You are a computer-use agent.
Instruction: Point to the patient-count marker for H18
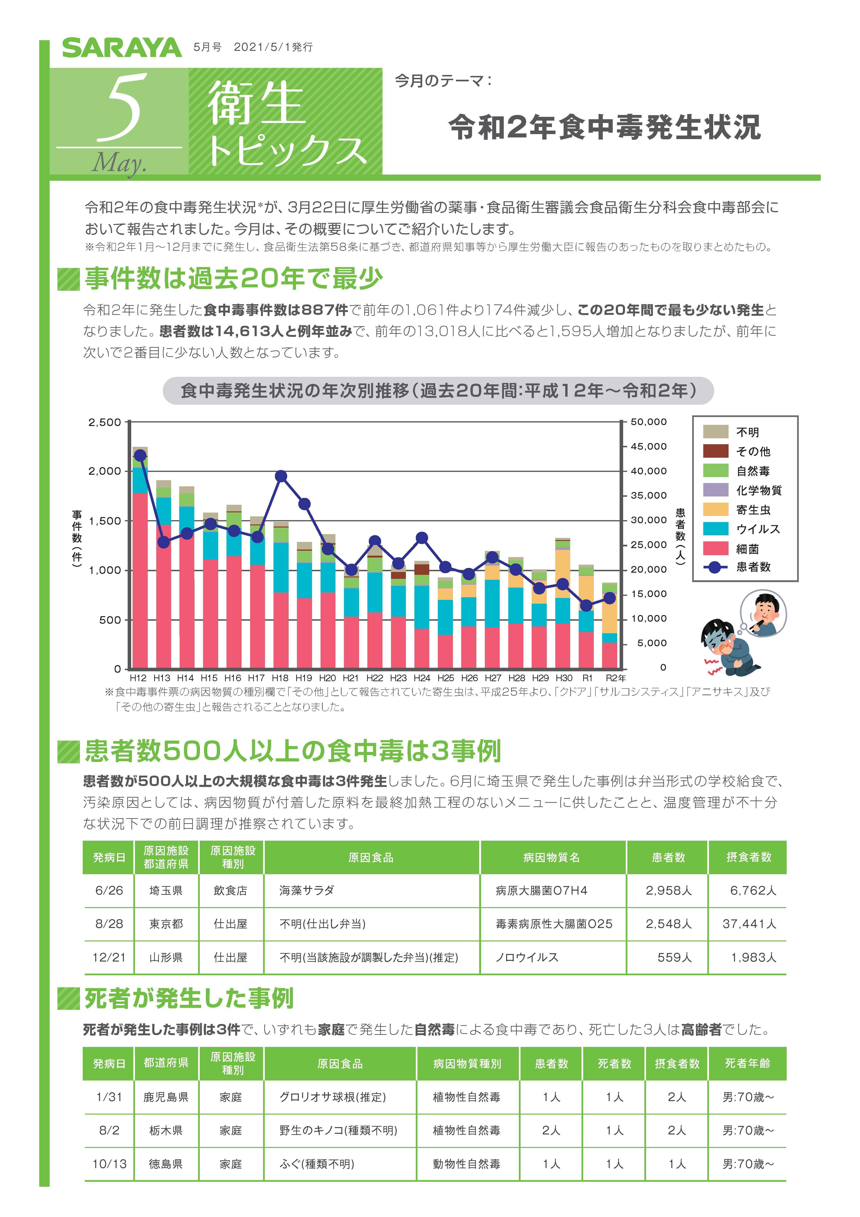click(281, 476)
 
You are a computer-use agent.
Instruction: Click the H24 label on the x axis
click(422, 678)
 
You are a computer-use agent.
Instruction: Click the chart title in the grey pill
click(438, 391)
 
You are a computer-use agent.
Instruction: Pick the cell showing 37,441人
click(749, 924)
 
